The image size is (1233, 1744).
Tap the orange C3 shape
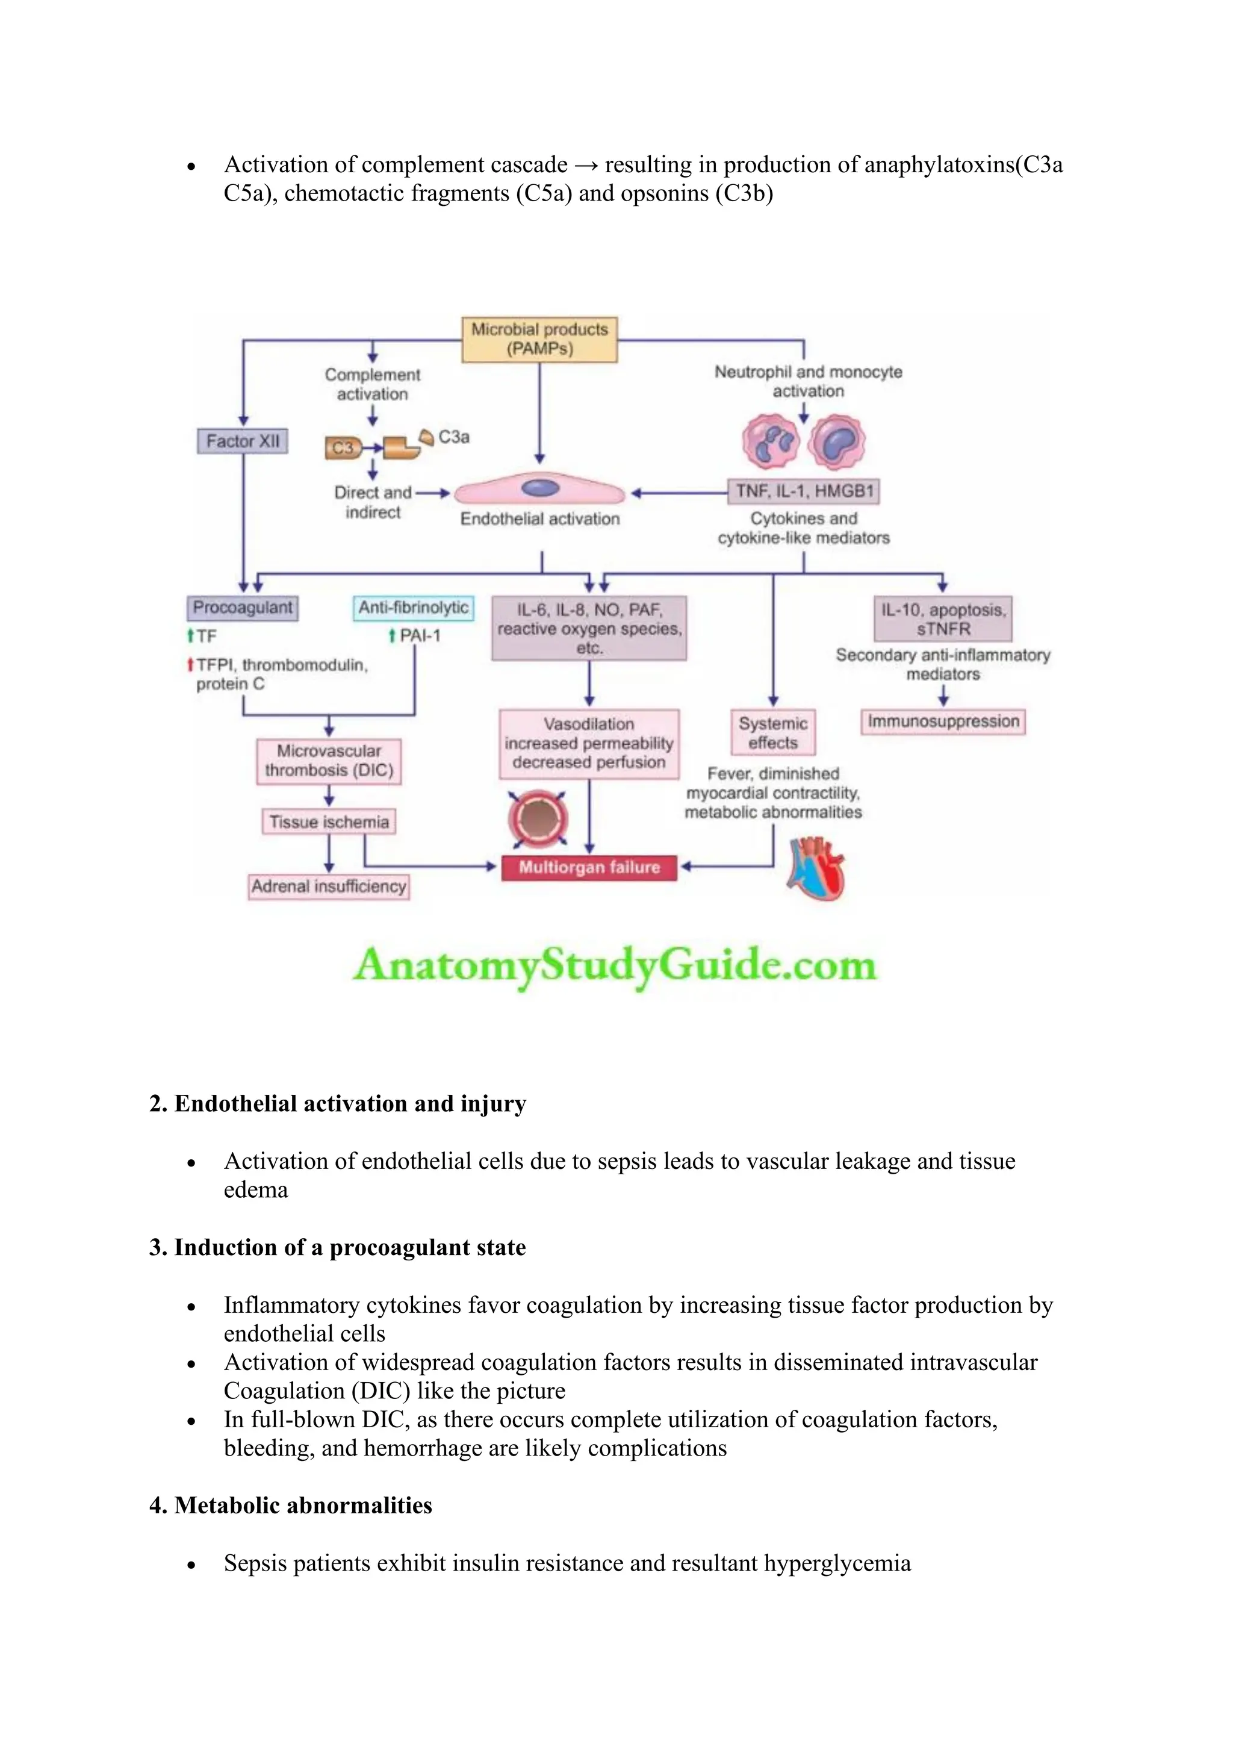coord(343,448)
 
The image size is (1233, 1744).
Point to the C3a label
coord(454,437)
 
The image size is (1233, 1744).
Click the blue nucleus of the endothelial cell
coord(540,488)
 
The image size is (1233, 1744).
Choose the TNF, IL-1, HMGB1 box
coord(804,491)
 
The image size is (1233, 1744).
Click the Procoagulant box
coord(242,608)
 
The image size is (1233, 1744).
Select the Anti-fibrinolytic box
coord(413,608)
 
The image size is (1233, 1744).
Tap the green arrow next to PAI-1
coord(392,636)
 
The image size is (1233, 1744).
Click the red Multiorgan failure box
coord(589,867)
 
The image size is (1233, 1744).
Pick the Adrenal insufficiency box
coord(329,886)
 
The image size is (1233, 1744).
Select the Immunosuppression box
coord(943,721)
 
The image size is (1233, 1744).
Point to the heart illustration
coord(817,868)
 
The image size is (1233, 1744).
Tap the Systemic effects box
coord(773,732)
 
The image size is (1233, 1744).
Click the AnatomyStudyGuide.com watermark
coord(615,965)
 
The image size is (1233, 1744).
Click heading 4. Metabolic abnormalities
coord(291,1506)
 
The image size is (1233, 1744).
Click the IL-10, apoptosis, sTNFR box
coord(943,619)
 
